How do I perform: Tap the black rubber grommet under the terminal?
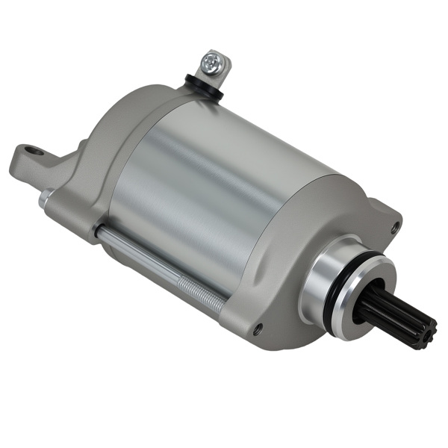pyautogui.click(x=202, y=84)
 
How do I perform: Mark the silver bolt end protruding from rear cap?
pyautogui.click(x=44, y=198)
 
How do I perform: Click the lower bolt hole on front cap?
pyautogui.click(x=258, y=329)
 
